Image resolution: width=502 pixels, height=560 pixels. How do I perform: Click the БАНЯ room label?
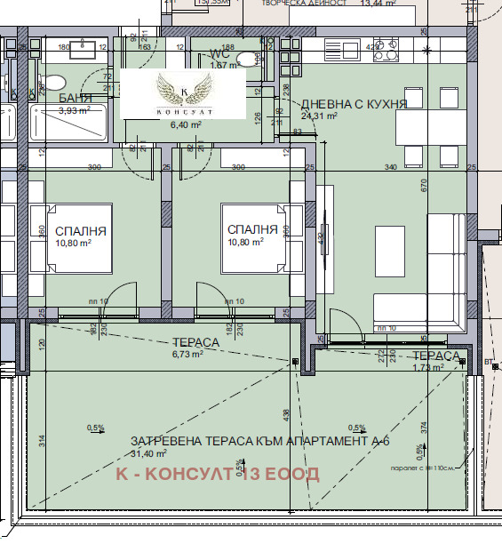tap(75, 98)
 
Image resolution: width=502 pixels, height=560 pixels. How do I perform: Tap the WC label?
tap(220, 52)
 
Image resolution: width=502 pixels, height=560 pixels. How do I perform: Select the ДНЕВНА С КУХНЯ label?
tap(354, 103)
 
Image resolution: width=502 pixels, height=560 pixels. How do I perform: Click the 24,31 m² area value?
tap(319, 116)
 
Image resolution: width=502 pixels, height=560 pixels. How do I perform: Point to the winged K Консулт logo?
tap(183, 93)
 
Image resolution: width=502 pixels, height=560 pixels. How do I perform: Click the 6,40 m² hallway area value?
tap(187, 125)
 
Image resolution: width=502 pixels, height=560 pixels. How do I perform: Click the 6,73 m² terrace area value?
tap(187, 353)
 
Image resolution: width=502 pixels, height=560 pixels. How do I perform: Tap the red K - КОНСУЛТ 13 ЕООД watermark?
tap(218, 473)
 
